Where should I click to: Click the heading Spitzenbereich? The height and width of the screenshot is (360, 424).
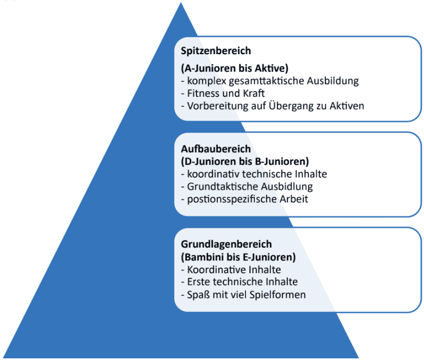point(216,51)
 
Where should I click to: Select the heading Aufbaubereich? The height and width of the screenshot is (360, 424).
point(216,149)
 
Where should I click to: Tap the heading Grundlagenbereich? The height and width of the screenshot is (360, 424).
point(227,244)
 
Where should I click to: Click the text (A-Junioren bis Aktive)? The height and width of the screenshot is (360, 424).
point(234,69)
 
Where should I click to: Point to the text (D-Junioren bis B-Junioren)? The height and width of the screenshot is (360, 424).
point(244,161)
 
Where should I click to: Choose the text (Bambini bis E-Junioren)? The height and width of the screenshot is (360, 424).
point(238,257)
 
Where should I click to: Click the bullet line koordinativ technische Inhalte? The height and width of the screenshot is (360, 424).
point(254,174)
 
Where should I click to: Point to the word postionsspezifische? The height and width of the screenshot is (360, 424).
point(228,199)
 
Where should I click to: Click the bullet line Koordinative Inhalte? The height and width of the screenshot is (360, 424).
point(231,270)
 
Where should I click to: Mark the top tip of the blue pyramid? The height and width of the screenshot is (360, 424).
point(181,4)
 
